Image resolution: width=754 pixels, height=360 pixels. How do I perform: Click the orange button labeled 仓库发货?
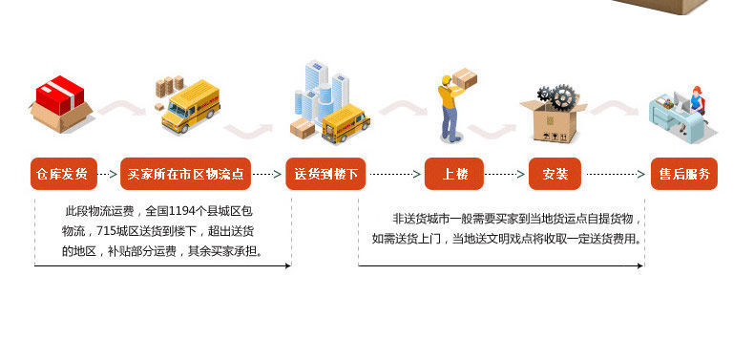pyautogui.click(x=64, y=174)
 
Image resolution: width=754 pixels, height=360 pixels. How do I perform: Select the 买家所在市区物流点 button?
pyautogui.click(x=185, y=174)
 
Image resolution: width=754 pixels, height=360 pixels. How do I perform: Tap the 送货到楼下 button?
pyautogui.click(x=325, y=174)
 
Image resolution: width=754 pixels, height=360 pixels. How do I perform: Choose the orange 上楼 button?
pyautogui.click(x=454, y=174)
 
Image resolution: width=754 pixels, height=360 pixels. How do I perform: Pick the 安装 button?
pyautogui.click(x=555, y=174)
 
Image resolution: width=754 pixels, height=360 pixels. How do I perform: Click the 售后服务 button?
pyautogui.click(x=683, y=174)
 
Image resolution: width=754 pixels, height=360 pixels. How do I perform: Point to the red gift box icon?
pyautogui.click(x=60, y=95)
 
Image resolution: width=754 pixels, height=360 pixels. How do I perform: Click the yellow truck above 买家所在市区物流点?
pyautogui.click(x=191, y=107)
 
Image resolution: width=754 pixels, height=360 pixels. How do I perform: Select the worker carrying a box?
pyautogui.click(x=452, y=108)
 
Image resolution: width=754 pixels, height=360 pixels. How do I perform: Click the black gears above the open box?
pyautogui.click(x=557, y=97)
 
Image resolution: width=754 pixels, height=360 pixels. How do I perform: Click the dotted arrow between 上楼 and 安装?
pyautogui.click(x=505, y=174)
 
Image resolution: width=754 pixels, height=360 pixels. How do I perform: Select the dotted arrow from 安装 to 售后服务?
pyautogui.click(x=616, y=174)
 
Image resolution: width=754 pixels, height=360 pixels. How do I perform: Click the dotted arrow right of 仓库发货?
pyautogui.click(x=108, y=174)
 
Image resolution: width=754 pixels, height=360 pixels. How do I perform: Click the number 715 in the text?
pyautogui.click(x=107, y=231)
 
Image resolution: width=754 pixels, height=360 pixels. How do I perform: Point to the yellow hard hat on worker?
pyautogui.click(x=446, y=79)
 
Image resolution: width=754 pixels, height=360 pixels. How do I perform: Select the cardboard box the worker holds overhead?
pyautogui.click(x=464, y=78)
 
